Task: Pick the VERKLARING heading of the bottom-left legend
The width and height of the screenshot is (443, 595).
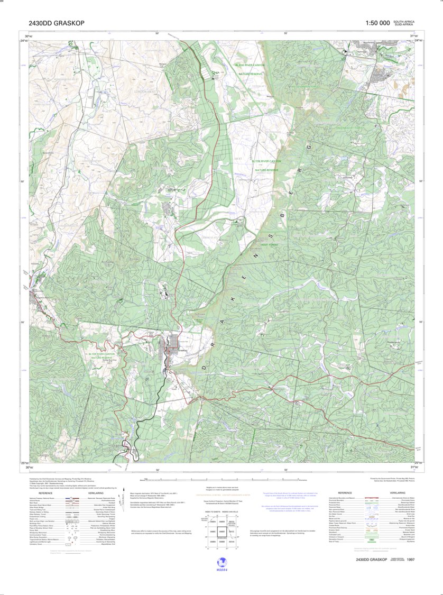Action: pyautogui.click(x=96, y=493)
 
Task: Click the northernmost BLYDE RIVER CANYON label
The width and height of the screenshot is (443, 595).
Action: pyautogui.click(x=250, y=65)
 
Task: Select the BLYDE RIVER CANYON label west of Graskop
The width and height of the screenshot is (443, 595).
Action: pyautogui.click(x=101, y=354)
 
